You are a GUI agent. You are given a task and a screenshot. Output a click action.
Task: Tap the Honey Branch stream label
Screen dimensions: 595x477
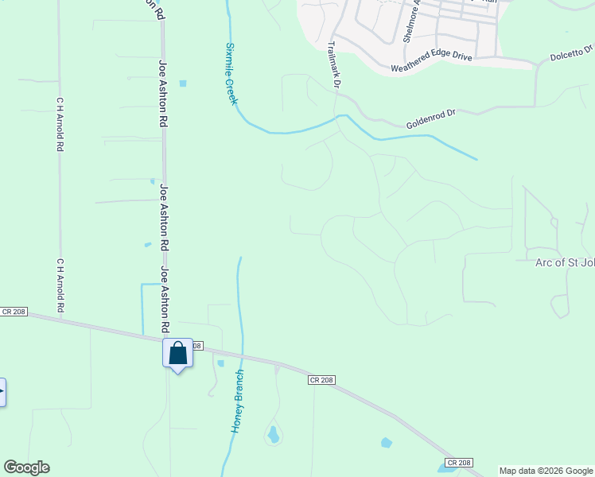[x=237, y=401]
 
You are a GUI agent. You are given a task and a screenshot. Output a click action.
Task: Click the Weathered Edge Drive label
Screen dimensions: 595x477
[x=431, y=64]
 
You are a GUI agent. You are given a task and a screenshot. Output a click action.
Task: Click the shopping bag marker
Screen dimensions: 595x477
[x=177, y=353]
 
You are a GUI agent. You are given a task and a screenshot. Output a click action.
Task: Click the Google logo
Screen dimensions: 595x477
[x=26, y=467]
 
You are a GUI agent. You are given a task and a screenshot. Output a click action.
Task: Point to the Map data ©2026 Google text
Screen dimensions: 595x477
[x=546, y=471]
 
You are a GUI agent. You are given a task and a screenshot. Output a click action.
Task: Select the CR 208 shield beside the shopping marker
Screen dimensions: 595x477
[x=197, y=346]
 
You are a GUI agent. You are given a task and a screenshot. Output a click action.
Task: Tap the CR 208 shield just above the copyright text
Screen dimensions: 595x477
[x=459, y=462]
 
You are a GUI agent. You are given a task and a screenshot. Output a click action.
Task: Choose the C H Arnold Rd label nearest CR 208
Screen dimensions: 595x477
[x=60, y=285]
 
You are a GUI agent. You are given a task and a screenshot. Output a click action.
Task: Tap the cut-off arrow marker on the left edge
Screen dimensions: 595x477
[x=2, y=392]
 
